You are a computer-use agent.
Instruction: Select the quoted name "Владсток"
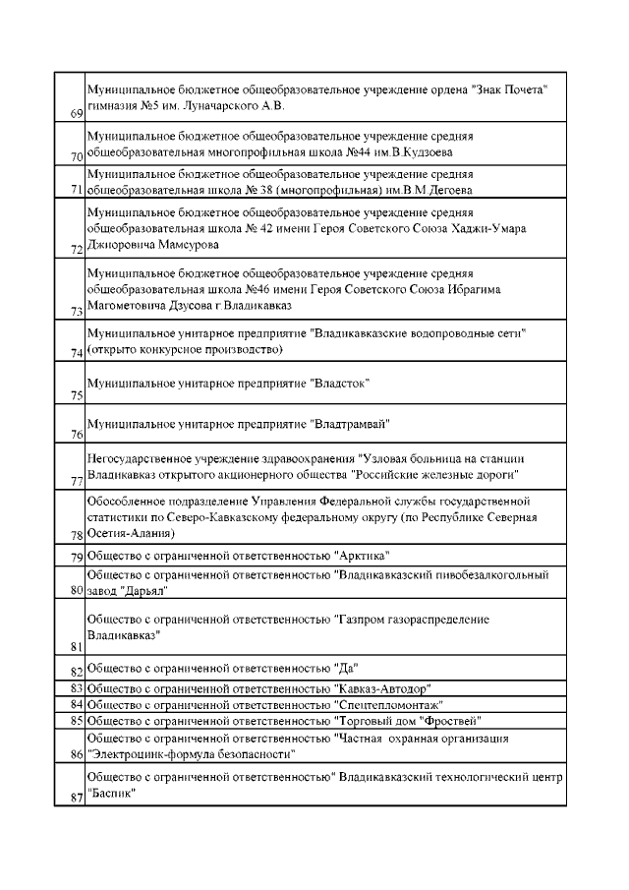click(x=339, y=381)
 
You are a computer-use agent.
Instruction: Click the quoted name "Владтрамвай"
click(x=350, y=424)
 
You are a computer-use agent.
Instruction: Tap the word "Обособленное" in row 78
click(x=127, y=499)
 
